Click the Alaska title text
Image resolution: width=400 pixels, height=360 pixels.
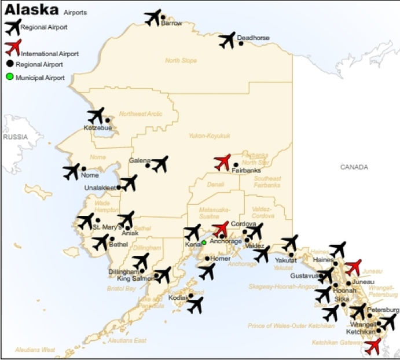(x=31, y=10)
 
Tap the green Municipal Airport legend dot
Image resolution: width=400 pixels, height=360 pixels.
(x=10, y=77)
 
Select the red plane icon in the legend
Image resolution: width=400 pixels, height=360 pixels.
(x=13, y=47)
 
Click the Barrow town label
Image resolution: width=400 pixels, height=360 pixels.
(x=171, y=24)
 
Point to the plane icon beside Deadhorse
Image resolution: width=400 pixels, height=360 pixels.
(x=227, y=40)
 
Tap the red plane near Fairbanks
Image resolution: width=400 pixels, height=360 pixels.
(x=222, y=161)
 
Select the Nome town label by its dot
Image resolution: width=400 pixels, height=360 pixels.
(x=90, y=175)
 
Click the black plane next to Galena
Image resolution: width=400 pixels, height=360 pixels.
(x=159, y=164)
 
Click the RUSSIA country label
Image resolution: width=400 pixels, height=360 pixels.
(x=15, y=137)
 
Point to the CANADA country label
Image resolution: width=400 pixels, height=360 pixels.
(x=354, y=167)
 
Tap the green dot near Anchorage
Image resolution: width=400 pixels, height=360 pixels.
(x=204, y=243)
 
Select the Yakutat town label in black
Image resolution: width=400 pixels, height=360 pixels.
(x=285, y=261)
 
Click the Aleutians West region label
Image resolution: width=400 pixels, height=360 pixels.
(x=35, y=350)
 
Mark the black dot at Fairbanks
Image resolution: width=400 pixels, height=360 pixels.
(x=236, y=165)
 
